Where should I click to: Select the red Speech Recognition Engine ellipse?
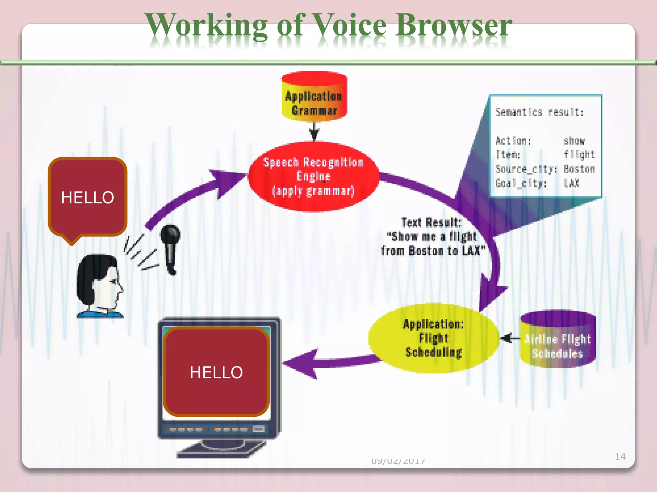[x=313, y=176]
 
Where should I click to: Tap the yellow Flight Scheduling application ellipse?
[x=433, y=338]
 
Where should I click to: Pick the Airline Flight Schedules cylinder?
[x=558, y=340]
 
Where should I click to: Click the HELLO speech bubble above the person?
[x=88, y=197]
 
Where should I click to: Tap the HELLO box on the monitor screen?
[x=216, y=372]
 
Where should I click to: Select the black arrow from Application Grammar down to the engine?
[x=314, y=131]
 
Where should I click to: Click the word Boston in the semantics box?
[x=579, y=169]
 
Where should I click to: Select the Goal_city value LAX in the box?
[x=571, y=183]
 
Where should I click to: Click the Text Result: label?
[x=431, y=222]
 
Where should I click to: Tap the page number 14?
[x=620, y=456]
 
